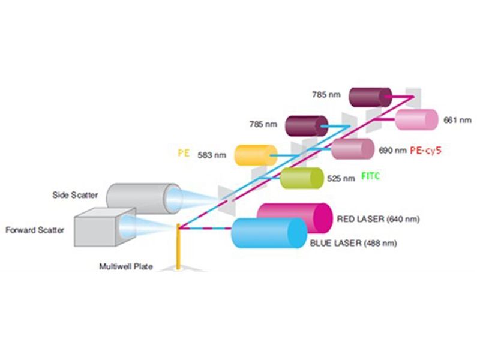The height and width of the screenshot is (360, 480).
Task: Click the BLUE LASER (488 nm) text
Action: [353, 243]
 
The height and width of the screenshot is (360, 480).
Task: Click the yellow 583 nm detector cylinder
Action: [256, 155]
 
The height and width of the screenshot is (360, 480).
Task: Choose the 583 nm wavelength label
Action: [212, 155]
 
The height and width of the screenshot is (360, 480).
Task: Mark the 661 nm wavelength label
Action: [457, 120]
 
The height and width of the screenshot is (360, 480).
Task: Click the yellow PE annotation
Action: [184, 153]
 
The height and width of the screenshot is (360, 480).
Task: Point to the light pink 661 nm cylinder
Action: [416, 119]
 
